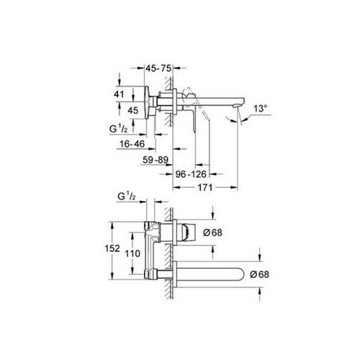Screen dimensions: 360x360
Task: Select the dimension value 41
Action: coord(120,93)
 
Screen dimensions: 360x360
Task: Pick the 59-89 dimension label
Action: coord(156,161)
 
